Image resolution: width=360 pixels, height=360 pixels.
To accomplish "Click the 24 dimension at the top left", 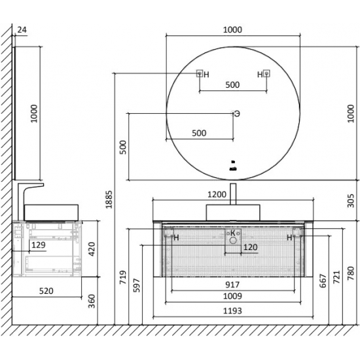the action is click(22, 30).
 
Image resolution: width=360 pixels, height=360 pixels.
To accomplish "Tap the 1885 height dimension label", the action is click(109, 199).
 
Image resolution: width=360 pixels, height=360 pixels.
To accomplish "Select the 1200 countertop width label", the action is click(217, 194).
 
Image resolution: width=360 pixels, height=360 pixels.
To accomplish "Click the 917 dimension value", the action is click(232, 285).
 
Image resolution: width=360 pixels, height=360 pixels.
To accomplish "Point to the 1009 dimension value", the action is click(232, 296).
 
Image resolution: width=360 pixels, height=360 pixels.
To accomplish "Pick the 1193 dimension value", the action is click(232, 311).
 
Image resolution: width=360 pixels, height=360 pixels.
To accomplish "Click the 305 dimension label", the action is click(351, 201).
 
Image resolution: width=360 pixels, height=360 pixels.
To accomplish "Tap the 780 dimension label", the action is click(351, 273).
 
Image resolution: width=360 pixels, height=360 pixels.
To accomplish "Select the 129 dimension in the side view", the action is click(39, 245).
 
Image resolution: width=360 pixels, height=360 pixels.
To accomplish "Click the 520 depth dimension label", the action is click(46, 291).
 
